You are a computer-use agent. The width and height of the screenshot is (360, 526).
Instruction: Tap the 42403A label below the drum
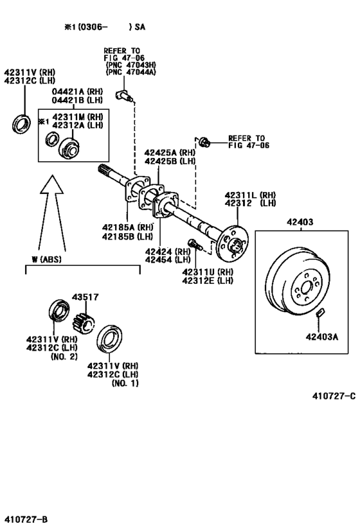tap(321, 335)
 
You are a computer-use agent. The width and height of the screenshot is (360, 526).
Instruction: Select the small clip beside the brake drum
tap(321, 313)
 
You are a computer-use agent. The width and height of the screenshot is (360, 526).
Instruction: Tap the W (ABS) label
tap(42, 259)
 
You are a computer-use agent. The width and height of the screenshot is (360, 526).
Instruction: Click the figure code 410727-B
tap(26, 518)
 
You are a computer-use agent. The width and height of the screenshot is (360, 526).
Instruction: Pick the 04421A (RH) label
tap(75, 92)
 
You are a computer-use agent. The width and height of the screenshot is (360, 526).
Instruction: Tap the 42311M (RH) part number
tap(78, 116)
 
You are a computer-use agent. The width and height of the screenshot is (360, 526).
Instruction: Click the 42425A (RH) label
tap(169, 153)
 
